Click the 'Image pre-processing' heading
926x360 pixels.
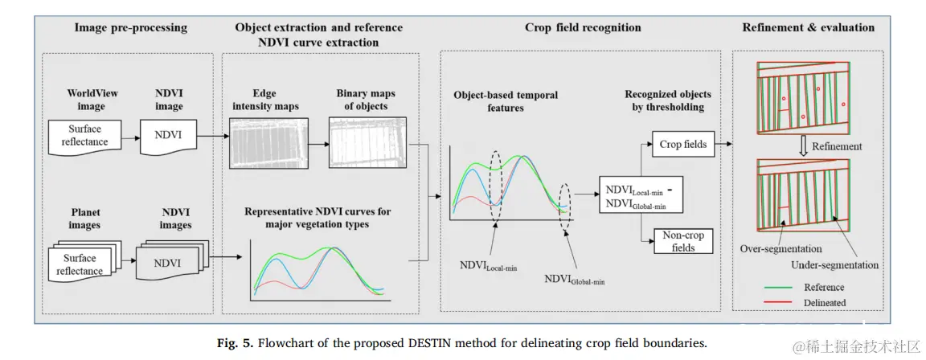pyautogui.click(x=130, y=27)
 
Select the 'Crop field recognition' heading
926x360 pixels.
pyautogui.click(x=583, y=27)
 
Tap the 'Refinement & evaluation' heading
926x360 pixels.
pyautogui.click(x=808, y=27)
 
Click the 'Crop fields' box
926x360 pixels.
pyautogui.click(x=682, y=145)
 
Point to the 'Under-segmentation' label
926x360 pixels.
pyautogui.click(x=834, y=264)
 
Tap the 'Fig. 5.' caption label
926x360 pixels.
pyautogui.click(x=236, y=343)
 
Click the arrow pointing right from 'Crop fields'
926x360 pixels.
pyautogui.click(x=721, y=145)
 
